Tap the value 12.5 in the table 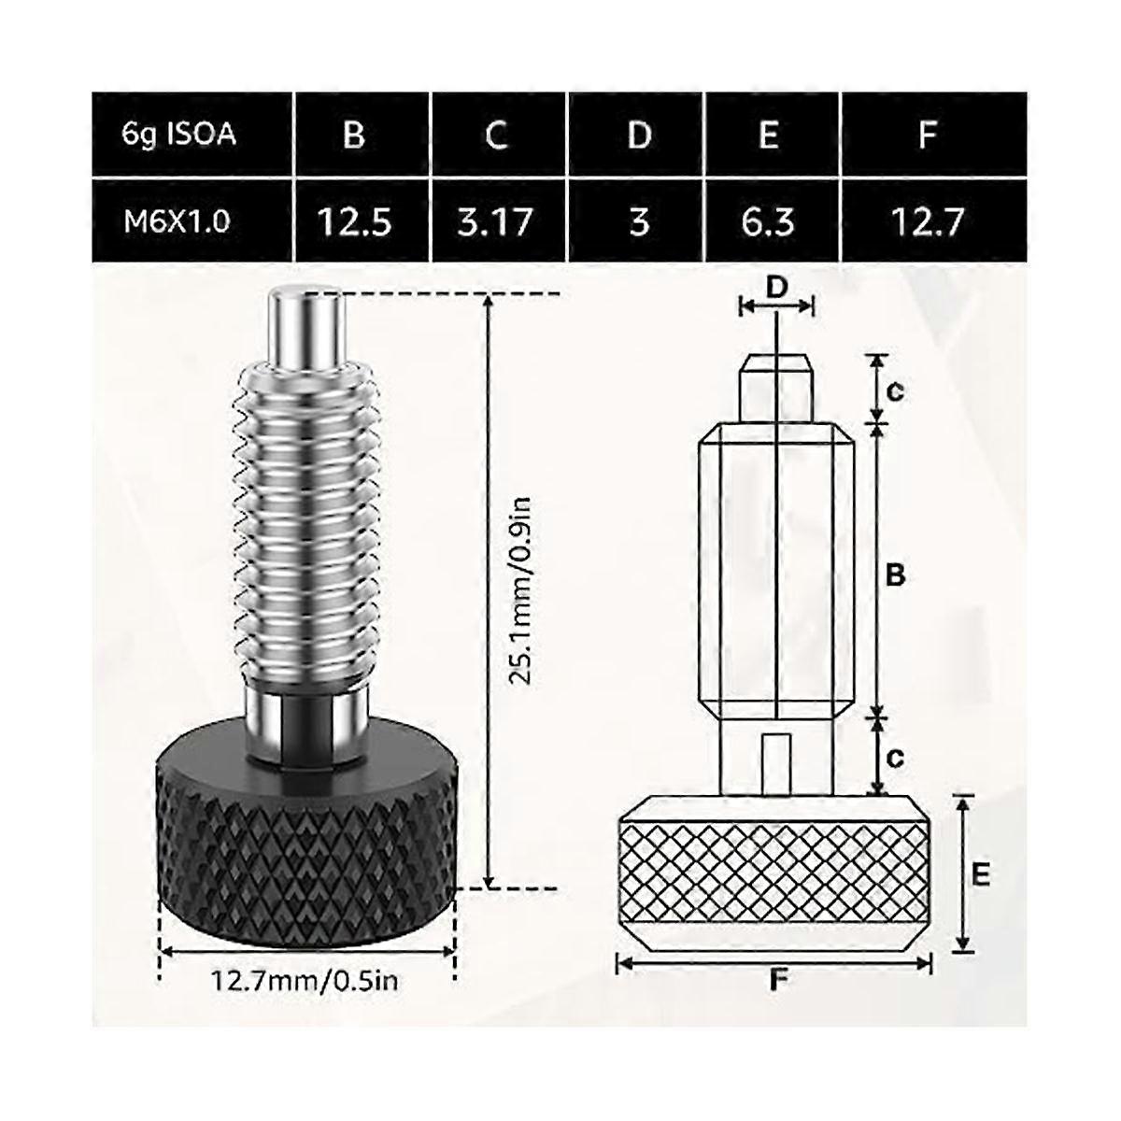coord(353,221)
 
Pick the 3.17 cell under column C coord(496,221)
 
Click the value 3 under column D coord(639,221)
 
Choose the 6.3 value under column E coord(769,221)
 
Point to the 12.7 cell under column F coord(927,221)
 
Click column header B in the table coord(353,135)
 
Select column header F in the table coord(927,135)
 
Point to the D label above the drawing coord(776,290)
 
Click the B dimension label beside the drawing coord(894,576)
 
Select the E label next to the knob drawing coord(980,874)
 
